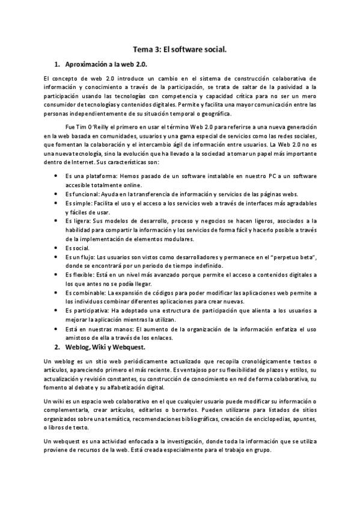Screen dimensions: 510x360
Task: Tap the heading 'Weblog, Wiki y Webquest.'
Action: pos(108,347)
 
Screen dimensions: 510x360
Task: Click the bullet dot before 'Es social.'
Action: pos(55,248)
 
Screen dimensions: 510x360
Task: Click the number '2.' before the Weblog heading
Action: pos(58,347)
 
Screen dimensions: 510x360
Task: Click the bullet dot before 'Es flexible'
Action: pos(55,275)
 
